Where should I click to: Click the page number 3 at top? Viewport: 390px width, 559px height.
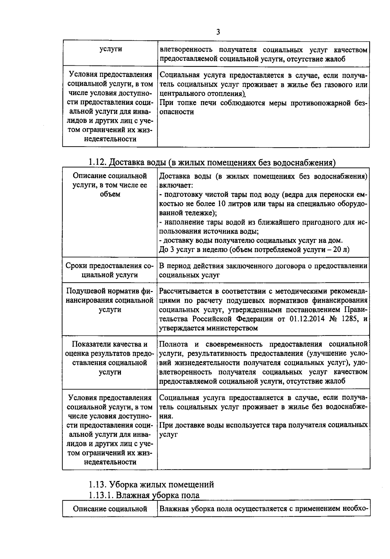click(218, 32)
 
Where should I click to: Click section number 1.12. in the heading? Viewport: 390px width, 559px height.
click(97, 162)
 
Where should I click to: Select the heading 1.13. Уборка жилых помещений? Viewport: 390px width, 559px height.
click(151, 484)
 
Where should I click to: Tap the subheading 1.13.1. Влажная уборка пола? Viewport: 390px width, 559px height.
click(144, 495)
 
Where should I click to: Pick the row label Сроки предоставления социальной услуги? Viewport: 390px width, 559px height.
click(110, 270)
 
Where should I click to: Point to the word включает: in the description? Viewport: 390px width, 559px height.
click(176, 185)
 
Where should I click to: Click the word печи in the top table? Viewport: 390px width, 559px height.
click(209, 103)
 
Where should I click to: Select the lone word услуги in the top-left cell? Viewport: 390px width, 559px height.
click(110, 49)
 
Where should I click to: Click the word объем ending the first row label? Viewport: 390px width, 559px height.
click(110, 194)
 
